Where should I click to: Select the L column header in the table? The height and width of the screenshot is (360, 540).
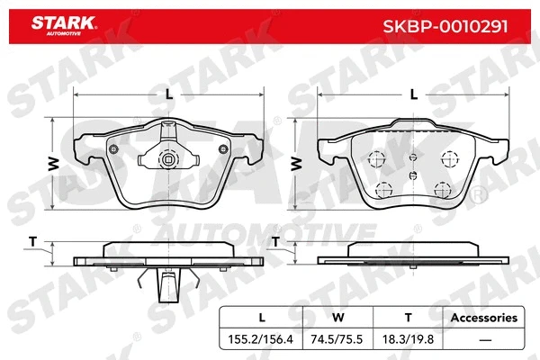coord(261,318)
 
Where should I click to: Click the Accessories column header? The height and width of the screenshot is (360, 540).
coord(484,318)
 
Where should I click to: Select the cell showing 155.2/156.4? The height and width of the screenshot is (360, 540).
coord(261,339)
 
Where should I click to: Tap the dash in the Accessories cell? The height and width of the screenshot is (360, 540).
coord(484,339)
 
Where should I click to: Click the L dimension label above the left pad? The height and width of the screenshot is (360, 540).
coord(168,94)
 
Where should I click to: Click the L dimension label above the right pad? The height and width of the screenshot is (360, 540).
coord(414,94)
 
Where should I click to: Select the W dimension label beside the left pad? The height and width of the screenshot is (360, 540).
coord(53,163)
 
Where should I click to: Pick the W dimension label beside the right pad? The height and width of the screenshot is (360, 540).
coord(296,163)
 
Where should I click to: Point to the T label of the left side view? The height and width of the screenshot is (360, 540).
coord(32,242)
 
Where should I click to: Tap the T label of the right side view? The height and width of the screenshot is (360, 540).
coord(276,242)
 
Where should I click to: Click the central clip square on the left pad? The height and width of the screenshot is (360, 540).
coord(167,161)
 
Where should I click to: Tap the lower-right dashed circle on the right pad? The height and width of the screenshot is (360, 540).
coord(442,189)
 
